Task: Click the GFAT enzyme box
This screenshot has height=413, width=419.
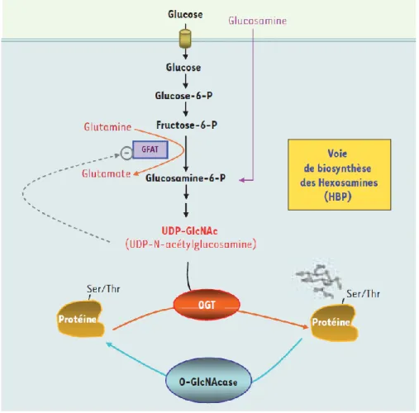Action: (150, 150)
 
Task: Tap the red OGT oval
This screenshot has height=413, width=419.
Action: (207, 305)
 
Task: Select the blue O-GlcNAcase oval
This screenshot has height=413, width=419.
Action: (208, 381)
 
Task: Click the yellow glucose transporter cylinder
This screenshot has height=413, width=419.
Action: (185, 39)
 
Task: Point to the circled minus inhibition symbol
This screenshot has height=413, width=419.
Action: (126, 153)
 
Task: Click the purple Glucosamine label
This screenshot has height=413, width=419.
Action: (257, 21)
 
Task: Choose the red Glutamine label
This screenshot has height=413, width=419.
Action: (107, 126)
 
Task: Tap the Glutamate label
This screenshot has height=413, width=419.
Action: (107, 173)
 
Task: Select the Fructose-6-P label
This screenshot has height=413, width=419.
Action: (187, 126)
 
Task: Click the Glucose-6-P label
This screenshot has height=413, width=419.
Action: (183, 96)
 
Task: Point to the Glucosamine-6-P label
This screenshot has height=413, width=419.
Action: (185, 178)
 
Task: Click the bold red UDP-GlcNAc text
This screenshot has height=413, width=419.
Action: (189, 230)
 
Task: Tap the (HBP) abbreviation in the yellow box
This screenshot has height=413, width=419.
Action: (338, 197)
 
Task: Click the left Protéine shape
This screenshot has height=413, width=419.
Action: (80, 319)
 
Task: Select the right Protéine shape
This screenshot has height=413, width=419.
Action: (334, 323)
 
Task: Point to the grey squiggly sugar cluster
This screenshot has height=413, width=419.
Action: (319, 281)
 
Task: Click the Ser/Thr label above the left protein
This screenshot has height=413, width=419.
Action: (103, 289)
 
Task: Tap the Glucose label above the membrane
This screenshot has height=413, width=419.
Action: (185, 14)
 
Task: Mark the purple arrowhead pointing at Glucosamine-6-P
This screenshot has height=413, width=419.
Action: (241, 180)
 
